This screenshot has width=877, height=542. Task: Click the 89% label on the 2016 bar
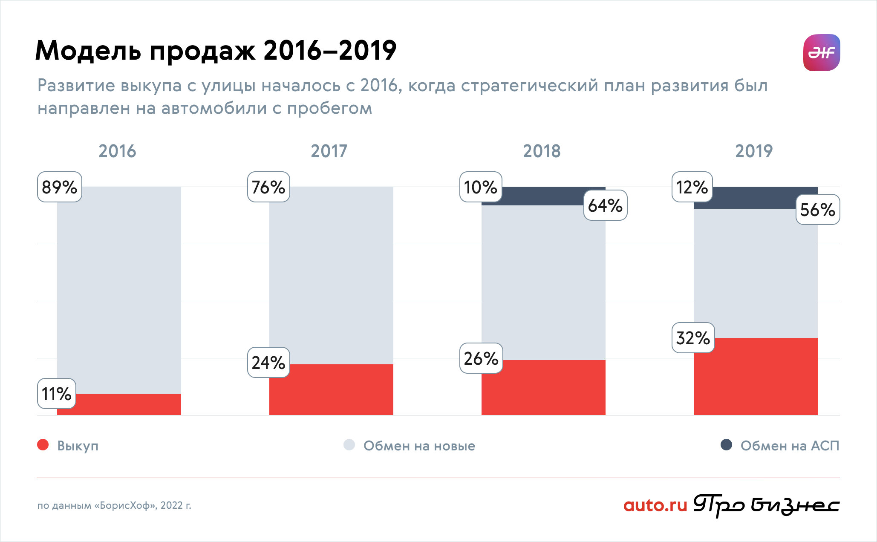59,187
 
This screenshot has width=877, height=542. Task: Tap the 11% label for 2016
56,394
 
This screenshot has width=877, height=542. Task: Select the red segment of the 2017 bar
331,389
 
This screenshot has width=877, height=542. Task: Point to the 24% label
268,363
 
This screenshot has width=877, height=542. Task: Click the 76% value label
268,187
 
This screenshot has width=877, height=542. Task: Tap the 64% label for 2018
605,205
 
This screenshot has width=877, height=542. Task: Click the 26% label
481,358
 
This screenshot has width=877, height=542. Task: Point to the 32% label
693,338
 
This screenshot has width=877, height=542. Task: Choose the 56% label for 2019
817,210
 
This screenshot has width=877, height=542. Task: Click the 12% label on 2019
692,187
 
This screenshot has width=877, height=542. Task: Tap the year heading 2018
542,151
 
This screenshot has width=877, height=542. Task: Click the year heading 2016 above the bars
117,151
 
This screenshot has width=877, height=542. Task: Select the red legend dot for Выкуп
43,445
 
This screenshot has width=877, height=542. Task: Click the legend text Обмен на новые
419,446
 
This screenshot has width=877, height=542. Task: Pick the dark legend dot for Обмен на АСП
726,445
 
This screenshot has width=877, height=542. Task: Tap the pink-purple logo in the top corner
821,52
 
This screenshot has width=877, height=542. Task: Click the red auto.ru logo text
655,505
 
